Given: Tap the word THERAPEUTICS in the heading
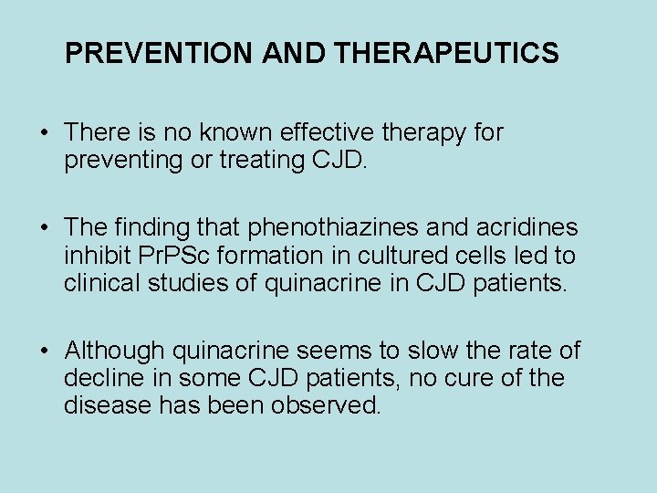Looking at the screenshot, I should tap(447, 54).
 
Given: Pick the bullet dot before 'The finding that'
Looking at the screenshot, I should tap(46, 227).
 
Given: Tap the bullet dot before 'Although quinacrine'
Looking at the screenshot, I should tap(46, 351).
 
